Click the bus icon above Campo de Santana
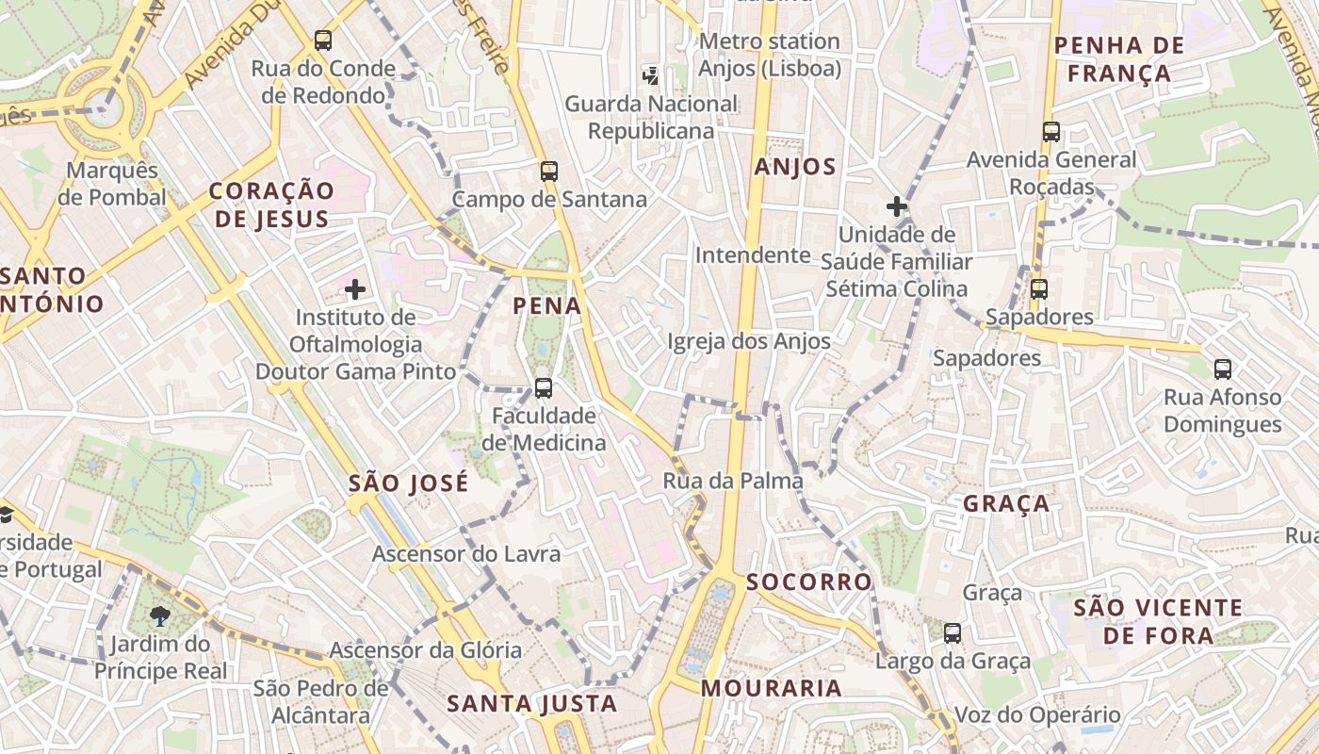click(x=549, y=172)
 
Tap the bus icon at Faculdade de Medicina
click(x=543, y=387)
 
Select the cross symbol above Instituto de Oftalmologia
click(x=355, y=288)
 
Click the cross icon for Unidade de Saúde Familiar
click(x=896, y=205)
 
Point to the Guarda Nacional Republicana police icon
click(x=650, y=74)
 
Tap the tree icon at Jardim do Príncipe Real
click(x=160, y=616)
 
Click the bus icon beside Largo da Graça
click(x=953, y=632)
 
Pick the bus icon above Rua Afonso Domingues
click(x=1223, y=369)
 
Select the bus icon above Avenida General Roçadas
click(x=1051, y=132)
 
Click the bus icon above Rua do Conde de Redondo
click(x=323, y=41)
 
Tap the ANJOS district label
click(x=795, y=168)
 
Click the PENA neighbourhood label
click(x=546, y=306)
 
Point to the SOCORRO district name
click(x=809, y=582)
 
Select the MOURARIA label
click(x=771, y=688)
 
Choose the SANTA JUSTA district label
click(x=531, y=703)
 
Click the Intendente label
click(x=752, y=255)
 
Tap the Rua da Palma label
click(x=733, y=481)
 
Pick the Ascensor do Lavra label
click(x=466, y=554)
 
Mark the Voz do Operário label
click(x=1037, y=715)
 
